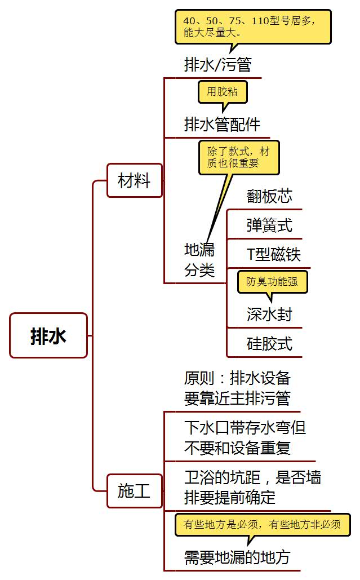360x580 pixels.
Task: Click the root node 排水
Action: pos(48,336)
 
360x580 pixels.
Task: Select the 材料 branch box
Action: pos(134,181)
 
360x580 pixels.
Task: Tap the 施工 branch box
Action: pos(134,491)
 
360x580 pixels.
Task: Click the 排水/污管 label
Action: pos(217,65)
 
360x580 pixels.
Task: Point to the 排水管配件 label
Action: pos(222,124)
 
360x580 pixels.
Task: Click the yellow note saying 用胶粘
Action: pos(222,92)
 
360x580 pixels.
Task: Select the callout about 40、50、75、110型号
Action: pos(252,26)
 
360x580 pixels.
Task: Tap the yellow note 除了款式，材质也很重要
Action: pos(238,157)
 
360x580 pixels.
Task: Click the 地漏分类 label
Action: pos(199,260)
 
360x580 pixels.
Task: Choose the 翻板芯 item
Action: pos(269,196)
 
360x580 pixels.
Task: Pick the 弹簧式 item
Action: pos(269,225)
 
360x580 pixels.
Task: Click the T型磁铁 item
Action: pos(274,254)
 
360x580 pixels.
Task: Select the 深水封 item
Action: pos(269,314)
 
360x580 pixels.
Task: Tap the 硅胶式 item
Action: pos(269,343)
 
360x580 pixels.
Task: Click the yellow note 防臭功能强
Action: pos(272,281)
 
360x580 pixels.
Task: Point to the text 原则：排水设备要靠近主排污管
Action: pos(237,388)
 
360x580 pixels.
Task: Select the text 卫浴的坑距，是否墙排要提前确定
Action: pos(252,488)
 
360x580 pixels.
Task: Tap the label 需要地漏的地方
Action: pos(237,557)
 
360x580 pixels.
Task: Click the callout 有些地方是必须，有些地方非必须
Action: pos(262,525)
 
